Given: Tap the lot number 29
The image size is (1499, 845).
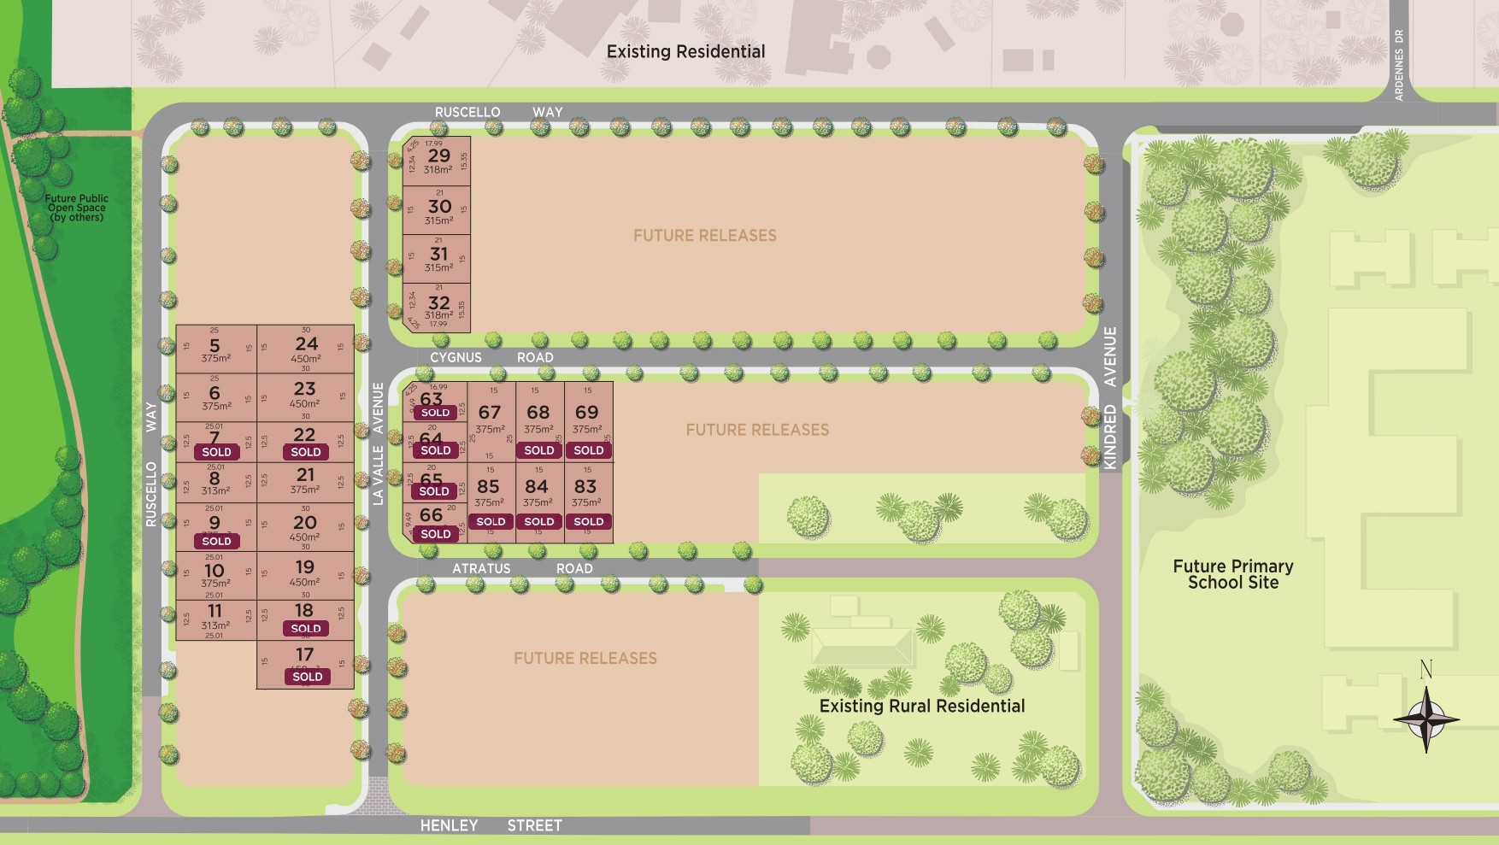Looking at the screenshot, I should coord(438,156).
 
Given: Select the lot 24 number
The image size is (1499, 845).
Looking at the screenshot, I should coord(306,343).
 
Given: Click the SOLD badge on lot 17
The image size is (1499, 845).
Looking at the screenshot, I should coord(308,677).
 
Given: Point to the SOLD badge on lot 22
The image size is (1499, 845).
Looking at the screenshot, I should coord(306,452).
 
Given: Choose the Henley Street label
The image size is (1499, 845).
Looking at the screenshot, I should coord(491,825).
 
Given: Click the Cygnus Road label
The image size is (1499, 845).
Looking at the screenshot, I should coord(491,357).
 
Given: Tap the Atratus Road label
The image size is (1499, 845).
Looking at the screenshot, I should coord(522,568).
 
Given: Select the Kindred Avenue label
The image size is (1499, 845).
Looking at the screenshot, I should coord(1110,397).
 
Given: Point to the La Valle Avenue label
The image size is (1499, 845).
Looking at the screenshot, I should coord(379,443).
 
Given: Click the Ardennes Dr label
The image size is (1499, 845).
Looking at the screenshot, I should coord(1399,65).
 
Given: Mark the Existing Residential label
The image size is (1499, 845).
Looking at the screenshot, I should coord(685,51).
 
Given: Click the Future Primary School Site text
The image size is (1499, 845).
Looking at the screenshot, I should coord(1232,574).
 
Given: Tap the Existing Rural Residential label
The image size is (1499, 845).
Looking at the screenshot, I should coord(921,706).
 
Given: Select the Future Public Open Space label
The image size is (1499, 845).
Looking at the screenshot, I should coord(76,208).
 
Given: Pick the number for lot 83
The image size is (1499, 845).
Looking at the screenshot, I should coord(585,486).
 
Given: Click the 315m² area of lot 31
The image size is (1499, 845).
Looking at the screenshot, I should coord(438,267).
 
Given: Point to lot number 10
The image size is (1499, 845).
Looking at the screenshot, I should coord(214,570).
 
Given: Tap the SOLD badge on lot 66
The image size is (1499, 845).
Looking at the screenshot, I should coord(435,534).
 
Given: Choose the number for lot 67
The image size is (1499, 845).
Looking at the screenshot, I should coord(490,413).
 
